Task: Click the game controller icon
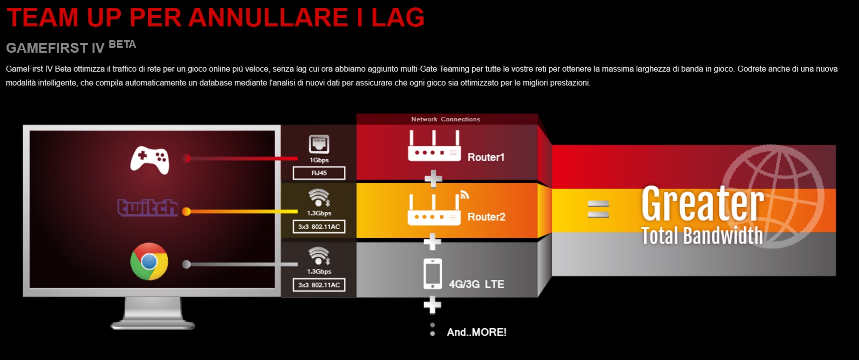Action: pos(150,160)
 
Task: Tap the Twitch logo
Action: pos(148,207)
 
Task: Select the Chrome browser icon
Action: pos(149,262)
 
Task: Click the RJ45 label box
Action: pos(319,173)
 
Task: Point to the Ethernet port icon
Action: pos(319,144)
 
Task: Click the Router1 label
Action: pos(486,157)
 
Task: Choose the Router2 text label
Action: pos(486,217)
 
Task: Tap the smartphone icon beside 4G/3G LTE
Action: pos(432,273)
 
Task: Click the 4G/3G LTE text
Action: pos(476,284)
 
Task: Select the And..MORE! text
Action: pos(476,332)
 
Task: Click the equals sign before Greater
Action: pos(598,209)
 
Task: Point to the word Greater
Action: pos(702,203)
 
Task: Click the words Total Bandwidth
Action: pos(701,236)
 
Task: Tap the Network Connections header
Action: pos(445,119)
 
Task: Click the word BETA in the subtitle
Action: pos(122,45)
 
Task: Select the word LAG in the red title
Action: pos(398,18)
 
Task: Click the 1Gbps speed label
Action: pos(319,160)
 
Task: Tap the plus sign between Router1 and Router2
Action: pos(433,179)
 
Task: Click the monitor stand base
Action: pos(153,325)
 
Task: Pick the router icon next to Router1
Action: pos(434,147)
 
